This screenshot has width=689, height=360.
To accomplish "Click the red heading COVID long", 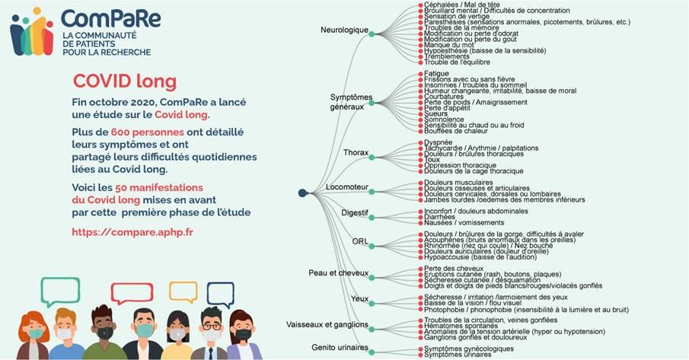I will pos(124,81).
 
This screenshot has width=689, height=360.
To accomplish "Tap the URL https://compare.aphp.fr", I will pos(132,232).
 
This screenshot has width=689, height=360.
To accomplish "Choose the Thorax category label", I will pos(356,152).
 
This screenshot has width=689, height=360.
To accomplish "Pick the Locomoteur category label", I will pos(346,186).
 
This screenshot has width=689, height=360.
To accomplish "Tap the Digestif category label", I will pos(355,212).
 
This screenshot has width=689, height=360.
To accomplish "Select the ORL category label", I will pos(360,241).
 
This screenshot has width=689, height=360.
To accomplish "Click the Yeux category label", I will pos(359,298).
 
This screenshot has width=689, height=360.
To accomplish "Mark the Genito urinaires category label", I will pos(340,348).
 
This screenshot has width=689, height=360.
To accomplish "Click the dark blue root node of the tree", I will pos(302,193).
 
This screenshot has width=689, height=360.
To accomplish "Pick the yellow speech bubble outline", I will pos(183,292).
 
